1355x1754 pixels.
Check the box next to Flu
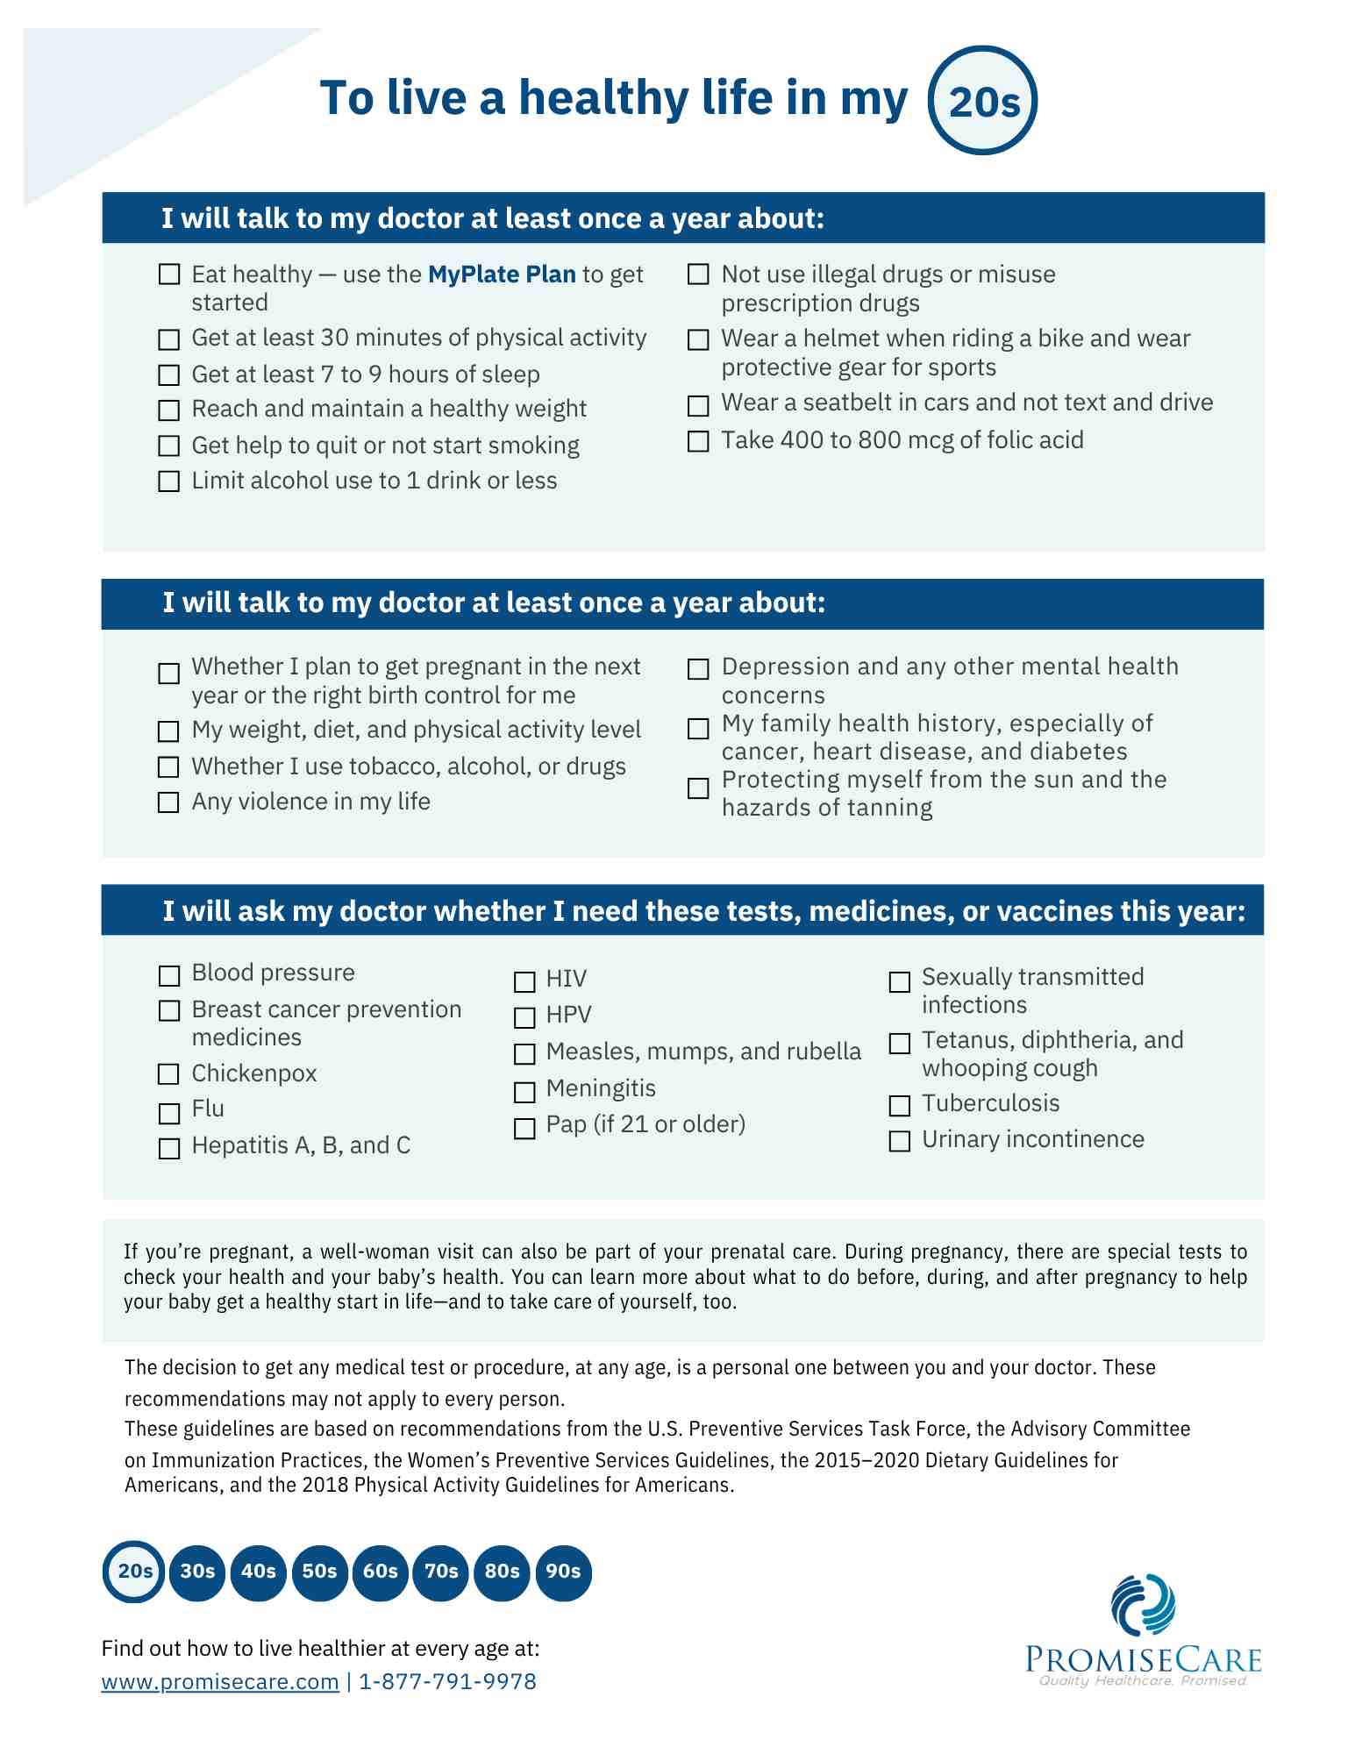tap(169, 1113)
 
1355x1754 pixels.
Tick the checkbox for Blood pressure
tap(169, 976)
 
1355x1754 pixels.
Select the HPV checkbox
tap(524, 1017)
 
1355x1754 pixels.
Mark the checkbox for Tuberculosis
tap(900, 1106)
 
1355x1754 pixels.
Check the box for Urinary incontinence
tap(900, 1141)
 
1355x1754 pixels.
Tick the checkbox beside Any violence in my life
tap(168, 802)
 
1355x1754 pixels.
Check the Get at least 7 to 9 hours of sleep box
tap(168, 375)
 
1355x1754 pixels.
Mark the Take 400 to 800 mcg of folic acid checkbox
tap(698, 441)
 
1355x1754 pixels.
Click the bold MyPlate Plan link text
tap(502, 275)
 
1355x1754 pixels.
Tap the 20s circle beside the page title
tap(983, 101)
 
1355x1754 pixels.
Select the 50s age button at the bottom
tap(319, 1571)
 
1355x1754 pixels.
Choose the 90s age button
tap(563, 1571)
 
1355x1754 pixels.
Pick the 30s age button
tap(197, 1571)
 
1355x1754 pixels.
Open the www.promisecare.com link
tap(220, 1681)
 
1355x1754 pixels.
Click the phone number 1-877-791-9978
tap(447, 1681)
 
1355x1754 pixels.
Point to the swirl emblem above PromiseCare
tap(1143, 1605)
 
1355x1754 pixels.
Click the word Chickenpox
tap(254, 1073)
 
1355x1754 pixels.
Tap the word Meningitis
tap(601, 1088)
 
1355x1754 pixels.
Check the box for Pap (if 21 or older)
tap(524, 1128)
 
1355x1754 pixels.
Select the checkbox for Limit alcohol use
tap(168, 481)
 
